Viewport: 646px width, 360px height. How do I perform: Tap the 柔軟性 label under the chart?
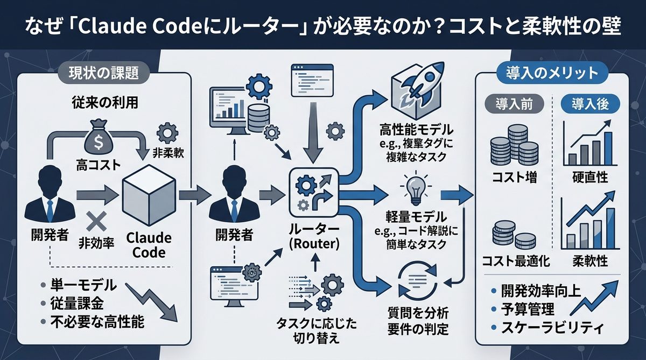pyautogui.click(x=589, y=262)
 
